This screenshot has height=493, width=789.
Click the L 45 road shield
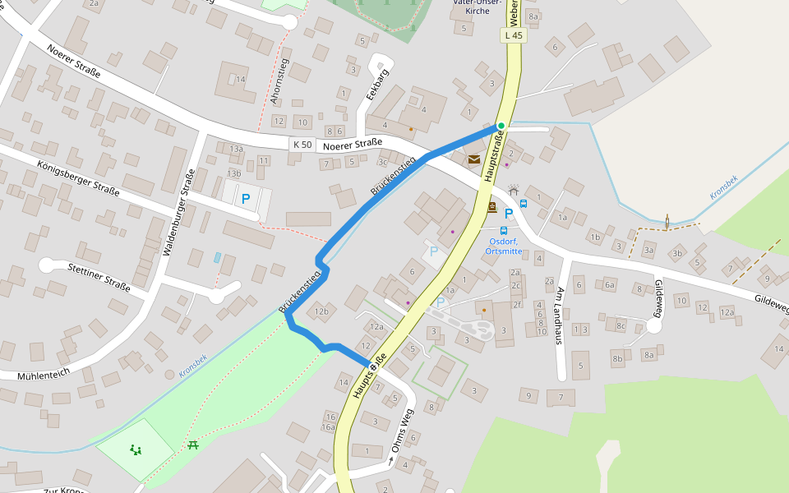pos(513,35)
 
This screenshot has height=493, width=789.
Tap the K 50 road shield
pos(302,144)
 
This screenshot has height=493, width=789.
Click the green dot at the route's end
pos(501,126)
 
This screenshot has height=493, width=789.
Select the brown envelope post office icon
pos(474,159)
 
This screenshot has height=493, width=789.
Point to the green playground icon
pos(135,449)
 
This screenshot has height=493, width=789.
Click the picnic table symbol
pos(193,445)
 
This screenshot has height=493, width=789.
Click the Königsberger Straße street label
pos(78,180)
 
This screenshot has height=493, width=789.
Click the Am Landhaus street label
pos(561,316)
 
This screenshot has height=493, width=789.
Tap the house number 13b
pos(234,173)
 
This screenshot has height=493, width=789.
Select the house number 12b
pos(321,311)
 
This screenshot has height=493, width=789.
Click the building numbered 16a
pos(329,427)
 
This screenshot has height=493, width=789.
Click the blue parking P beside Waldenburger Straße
pos(245,198)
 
